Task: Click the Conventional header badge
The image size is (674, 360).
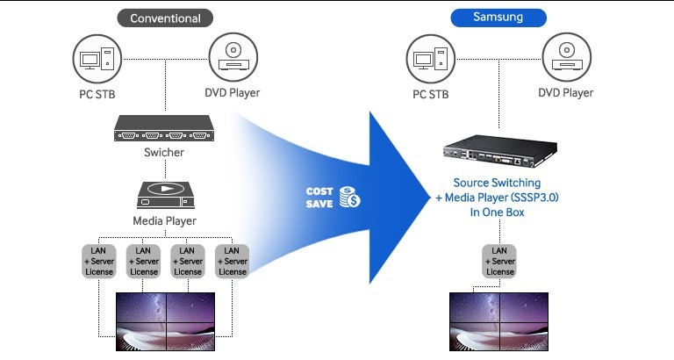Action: (165, 18)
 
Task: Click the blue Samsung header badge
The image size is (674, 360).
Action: (498, 18)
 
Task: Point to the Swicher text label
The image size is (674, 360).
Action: (164, 155)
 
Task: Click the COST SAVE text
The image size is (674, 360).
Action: (319, 197)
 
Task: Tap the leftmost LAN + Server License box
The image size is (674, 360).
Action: (98, 260)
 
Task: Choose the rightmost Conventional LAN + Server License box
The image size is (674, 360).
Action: (232, 260)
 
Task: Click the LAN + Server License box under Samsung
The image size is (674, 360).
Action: (499, 260)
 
